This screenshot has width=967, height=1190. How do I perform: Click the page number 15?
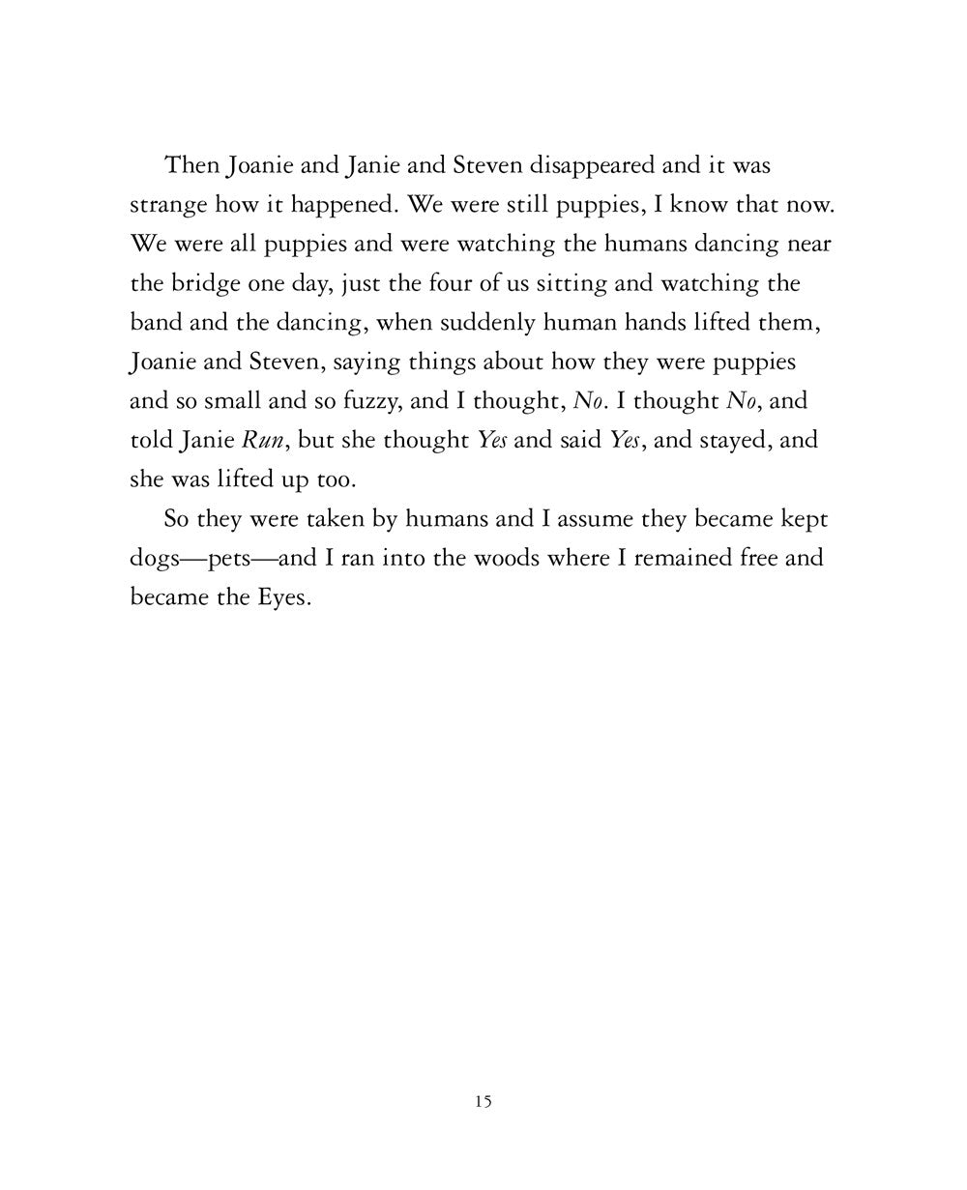(x=483, y=1100)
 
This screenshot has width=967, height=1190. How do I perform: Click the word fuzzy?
(x=364, y=401)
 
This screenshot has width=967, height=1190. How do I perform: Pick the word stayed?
(x=735, y=440)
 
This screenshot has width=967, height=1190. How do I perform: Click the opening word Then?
(x=192, y=165)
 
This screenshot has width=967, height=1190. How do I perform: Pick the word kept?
(x=802, y=520)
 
